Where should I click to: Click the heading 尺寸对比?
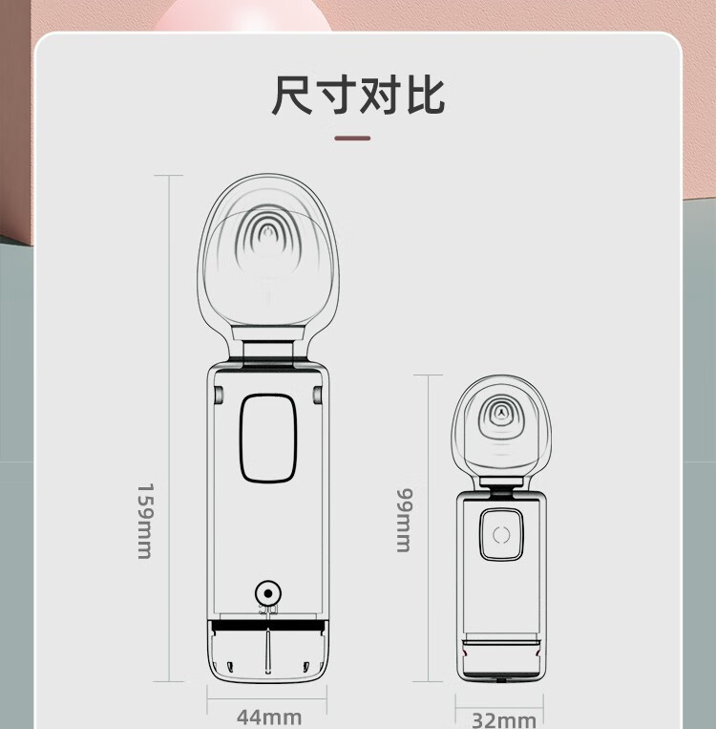(x=358, y=96)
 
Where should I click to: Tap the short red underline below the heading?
(x=352, y=139)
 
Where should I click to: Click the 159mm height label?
(x=145, y=520)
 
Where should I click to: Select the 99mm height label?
(x=404, y=520)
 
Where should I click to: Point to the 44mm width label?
(x=268, y=717)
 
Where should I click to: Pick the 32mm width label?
(x=503, y=719)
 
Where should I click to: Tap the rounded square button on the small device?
(x=502, y=535)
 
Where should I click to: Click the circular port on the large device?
(x=268, y=591)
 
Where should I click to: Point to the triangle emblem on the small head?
(x=500, y=413)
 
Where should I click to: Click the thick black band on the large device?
(x=267, y=626)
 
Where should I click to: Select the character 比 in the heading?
(x=425, y=96)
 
